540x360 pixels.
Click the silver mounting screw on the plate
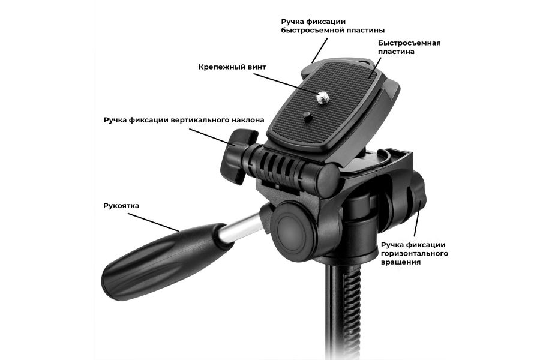pos(323,98)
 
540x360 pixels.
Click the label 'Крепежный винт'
pos(232,67)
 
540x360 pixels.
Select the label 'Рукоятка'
pos(121,206)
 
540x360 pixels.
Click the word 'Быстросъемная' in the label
pos(409,43)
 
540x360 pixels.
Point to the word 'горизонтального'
pos(414,254)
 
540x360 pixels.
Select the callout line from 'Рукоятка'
pos(154,222)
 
